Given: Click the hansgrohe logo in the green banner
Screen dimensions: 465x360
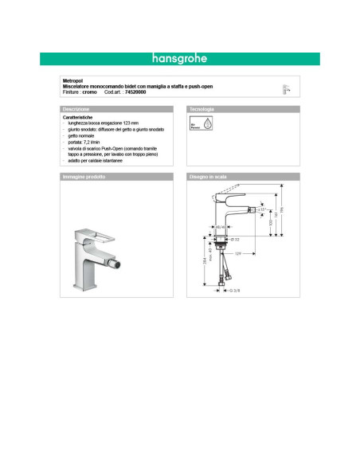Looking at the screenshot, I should pos(179,58).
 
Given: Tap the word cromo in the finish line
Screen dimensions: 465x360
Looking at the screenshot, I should pos(90,92).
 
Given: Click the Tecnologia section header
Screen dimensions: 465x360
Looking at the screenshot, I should pos(202,108).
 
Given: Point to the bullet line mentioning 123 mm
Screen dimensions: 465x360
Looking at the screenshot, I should pos(104,124).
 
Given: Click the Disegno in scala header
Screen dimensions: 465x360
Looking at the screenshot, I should pos(209,176).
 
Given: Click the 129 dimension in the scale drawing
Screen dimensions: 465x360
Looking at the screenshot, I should pos(237,253).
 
